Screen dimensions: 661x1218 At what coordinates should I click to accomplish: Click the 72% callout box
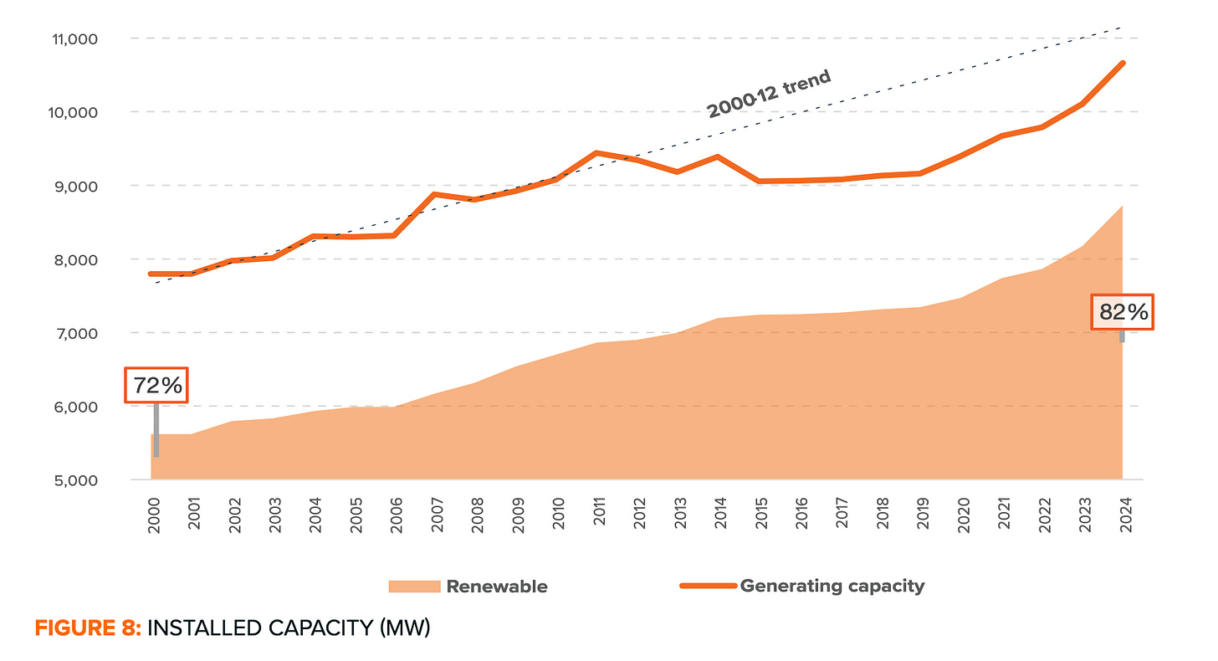156,386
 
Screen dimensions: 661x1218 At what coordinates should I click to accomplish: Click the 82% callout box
1123,312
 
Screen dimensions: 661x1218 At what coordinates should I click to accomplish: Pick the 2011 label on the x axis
599,514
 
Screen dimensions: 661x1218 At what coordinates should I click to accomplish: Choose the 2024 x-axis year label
1123,514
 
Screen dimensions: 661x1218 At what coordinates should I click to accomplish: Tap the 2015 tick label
760,514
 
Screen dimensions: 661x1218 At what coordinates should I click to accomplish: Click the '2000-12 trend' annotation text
769,94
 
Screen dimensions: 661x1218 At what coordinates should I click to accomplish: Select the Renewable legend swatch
413,587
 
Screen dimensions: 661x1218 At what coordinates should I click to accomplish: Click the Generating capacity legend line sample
708,586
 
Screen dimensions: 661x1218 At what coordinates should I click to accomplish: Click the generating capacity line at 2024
1122,64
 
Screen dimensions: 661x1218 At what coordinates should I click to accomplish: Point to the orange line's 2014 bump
717,156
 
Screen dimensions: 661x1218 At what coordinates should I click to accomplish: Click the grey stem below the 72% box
156,430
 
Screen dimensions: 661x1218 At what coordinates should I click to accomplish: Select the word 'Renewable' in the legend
497,587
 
